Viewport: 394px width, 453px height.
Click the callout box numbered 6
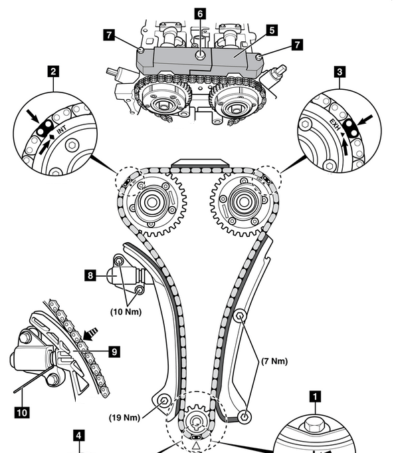pos(200,14)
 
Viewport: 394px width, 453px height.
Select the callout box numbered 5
pos(272,30)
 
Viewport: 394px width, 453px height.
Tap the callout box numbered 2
pos(53,71)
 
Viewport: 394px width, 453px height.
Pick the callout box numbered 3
pos(340,72)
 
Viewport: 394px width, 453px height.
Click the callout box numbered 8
pos(90,275)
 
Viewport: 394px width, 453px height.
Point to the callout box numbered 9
pos(114,352)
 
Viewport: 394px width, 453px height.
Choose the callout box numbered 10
pos(22,412)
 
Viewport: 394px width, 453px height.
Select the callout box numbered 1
pos(315,396)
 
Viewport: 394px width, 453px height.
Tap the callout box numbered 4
pos(79,436)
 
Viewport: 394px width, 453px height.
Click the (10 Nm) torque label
pos(126,312)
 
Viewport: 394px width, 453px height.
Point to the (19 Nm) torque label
pos(124,418)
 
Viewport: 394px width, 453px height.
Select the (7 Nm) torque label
pos(274,361)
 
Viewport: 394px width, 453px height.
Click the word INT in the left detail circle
pos(62,130)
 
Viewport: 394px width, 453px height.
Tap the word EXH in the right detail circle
pos(336,124)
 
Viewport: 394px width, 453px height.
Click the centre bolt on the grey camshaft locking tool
pos(200,55)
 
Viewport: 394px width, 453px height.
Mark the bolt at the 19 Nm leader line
pos(164,401)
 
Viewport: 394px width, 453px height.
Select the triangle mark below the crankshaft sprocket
pos(196,446)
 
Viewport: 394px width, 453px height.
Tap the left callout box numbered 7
pos(109,35)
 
